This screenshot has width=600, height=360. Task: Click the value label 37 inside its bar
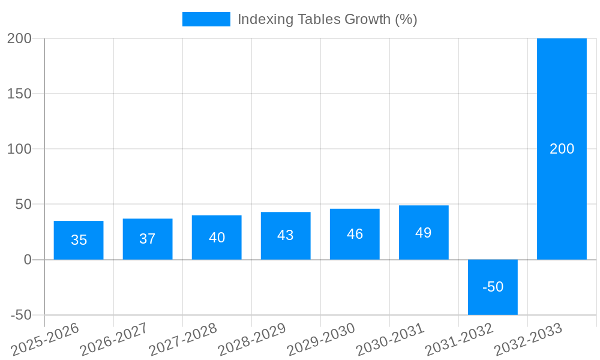(148, 239)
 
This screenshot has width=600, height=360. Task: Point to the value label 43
(286, 235)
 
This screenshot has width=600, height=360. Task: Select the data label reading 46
(355, 234)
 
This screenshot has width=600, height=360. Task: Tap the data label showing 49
(424, 233)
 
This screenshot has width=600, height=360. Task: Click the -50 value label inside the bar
(493, 287)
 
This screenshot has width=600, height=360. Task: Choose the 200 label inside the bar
(562, 149)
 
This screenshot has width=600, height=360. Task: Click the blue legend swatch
(206, 19)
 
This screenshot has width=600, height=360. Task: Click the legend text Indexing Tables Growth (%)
(327, 19)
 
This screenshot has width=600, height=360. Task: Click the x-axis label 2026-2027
(114, 340)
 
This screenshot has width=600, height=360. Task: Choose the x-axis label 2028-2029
(252, 340)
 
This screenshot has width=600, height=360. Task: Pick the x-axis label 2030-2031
(390, 340)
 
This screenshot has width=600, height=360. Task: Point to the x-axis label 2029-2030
(321, 340)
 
